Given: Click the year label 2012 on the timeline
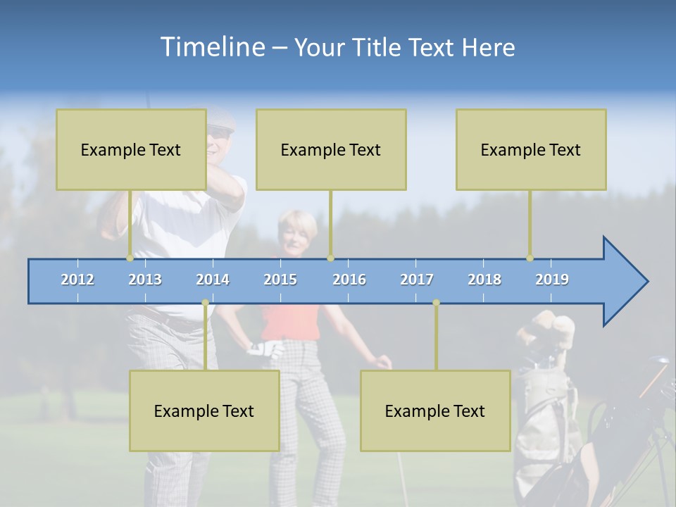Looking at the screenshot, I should [77, 280].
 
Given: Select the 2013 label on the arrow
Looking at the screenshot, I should [145, 280].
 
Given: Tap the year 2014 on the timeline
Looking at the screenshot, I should [213, 280].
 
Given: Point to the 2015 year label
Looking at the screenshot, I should [280, 280].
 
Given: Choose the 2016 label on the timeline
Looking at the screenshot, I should [349, 280].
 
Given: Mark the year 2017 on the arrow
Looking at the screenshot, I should [417, 280].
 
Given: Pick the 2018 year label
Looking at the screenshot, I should [484, 280].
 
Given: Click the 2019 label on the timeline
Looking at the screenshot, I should [552, 280].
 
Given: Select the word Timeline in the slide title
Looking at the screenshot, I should [212, 47].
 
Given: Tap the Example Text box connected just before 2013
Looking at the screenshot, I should [131, 149].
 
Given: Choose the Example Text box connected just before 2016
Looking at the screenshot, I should [331, 149].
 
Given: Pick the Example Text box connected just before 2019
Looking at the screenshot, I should [531, 149].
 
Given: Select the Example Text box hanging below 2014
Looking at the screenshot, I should [204, 411].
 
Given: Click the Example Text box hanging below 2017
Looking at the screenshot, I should [435, 411].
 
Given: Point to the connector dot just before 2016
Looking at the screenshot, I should [330, 258].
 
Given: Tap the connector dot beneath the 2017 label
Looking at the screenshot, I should [436, 303].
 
